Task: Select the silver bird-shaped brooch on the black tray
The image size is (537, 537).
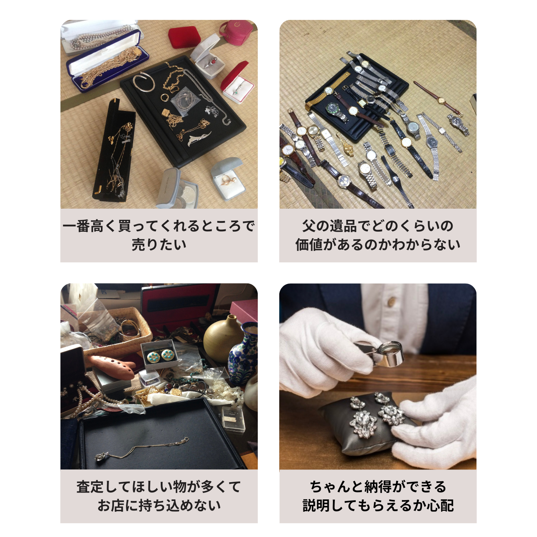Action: pos(199,138)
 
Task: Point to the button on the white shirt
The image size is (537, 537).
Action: pos(392,302)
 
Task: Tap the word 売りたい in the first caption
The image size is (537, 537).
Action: pos(159,244)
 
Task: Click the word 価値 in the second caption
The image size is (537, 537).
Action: pos(309,244)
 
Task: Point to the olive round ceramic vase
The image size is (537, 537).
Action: pos(222,339)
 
